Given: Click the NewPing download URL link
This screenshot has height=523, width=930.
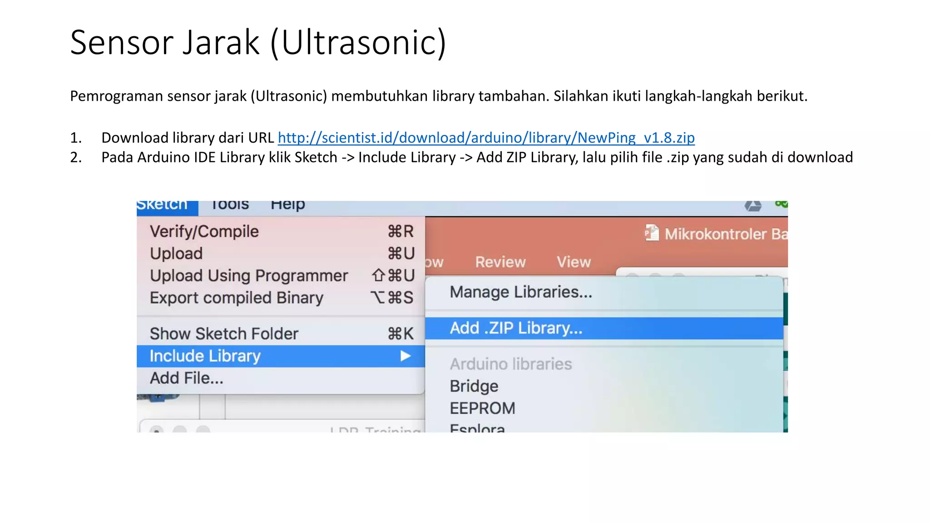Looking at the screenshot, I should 486,138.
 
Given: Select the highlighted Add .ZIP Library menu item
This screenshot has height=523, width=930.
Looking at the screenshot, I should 516,328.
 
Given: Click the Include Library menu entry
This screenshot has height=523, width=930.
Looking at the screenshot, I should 205,356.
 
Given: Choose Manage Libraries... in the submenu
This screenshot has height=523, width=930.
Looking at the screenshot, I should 521,292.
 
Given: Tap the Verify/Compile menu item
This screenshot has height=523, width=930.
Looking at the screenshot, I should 204,232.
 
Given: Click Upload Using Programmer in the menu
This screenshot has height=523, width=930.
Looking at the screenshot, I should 249,276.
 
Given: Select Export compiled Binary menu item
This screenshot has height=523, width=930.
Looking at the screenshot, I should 237,298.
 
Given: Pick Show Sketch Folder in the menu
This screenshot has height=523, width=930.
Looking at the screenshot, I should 224,334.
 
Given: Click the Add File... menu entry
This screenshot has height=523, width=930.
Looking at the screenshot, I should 187,378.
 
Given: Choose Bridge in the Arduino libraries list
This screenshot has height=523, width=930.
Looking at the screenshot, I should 474,386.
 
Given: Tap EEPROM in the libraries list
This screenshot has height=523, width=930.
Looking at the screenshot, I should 482,408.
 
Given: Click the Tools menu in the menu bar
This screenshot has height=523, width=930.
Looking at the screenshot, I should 230,205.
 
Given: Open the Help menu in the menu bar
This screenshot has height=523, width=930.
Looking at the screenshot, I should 287,205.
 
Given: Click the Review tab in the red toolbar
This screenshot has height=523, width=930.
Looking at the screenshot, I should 500,262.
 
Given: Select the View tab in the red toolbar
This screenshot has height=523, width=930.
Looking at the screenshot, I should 574,262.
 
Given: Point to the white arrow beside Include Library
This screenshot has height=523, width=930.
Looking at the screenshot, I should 406,356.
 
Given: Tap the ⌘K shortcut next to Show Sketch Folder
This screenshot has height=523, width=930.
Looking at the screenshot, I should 401,334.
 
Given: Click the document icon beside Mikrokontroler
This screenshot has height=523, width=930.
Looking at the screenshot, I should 652,233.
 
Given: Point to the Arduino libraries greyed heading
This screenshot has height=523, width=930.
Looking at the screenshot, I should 510,364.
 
